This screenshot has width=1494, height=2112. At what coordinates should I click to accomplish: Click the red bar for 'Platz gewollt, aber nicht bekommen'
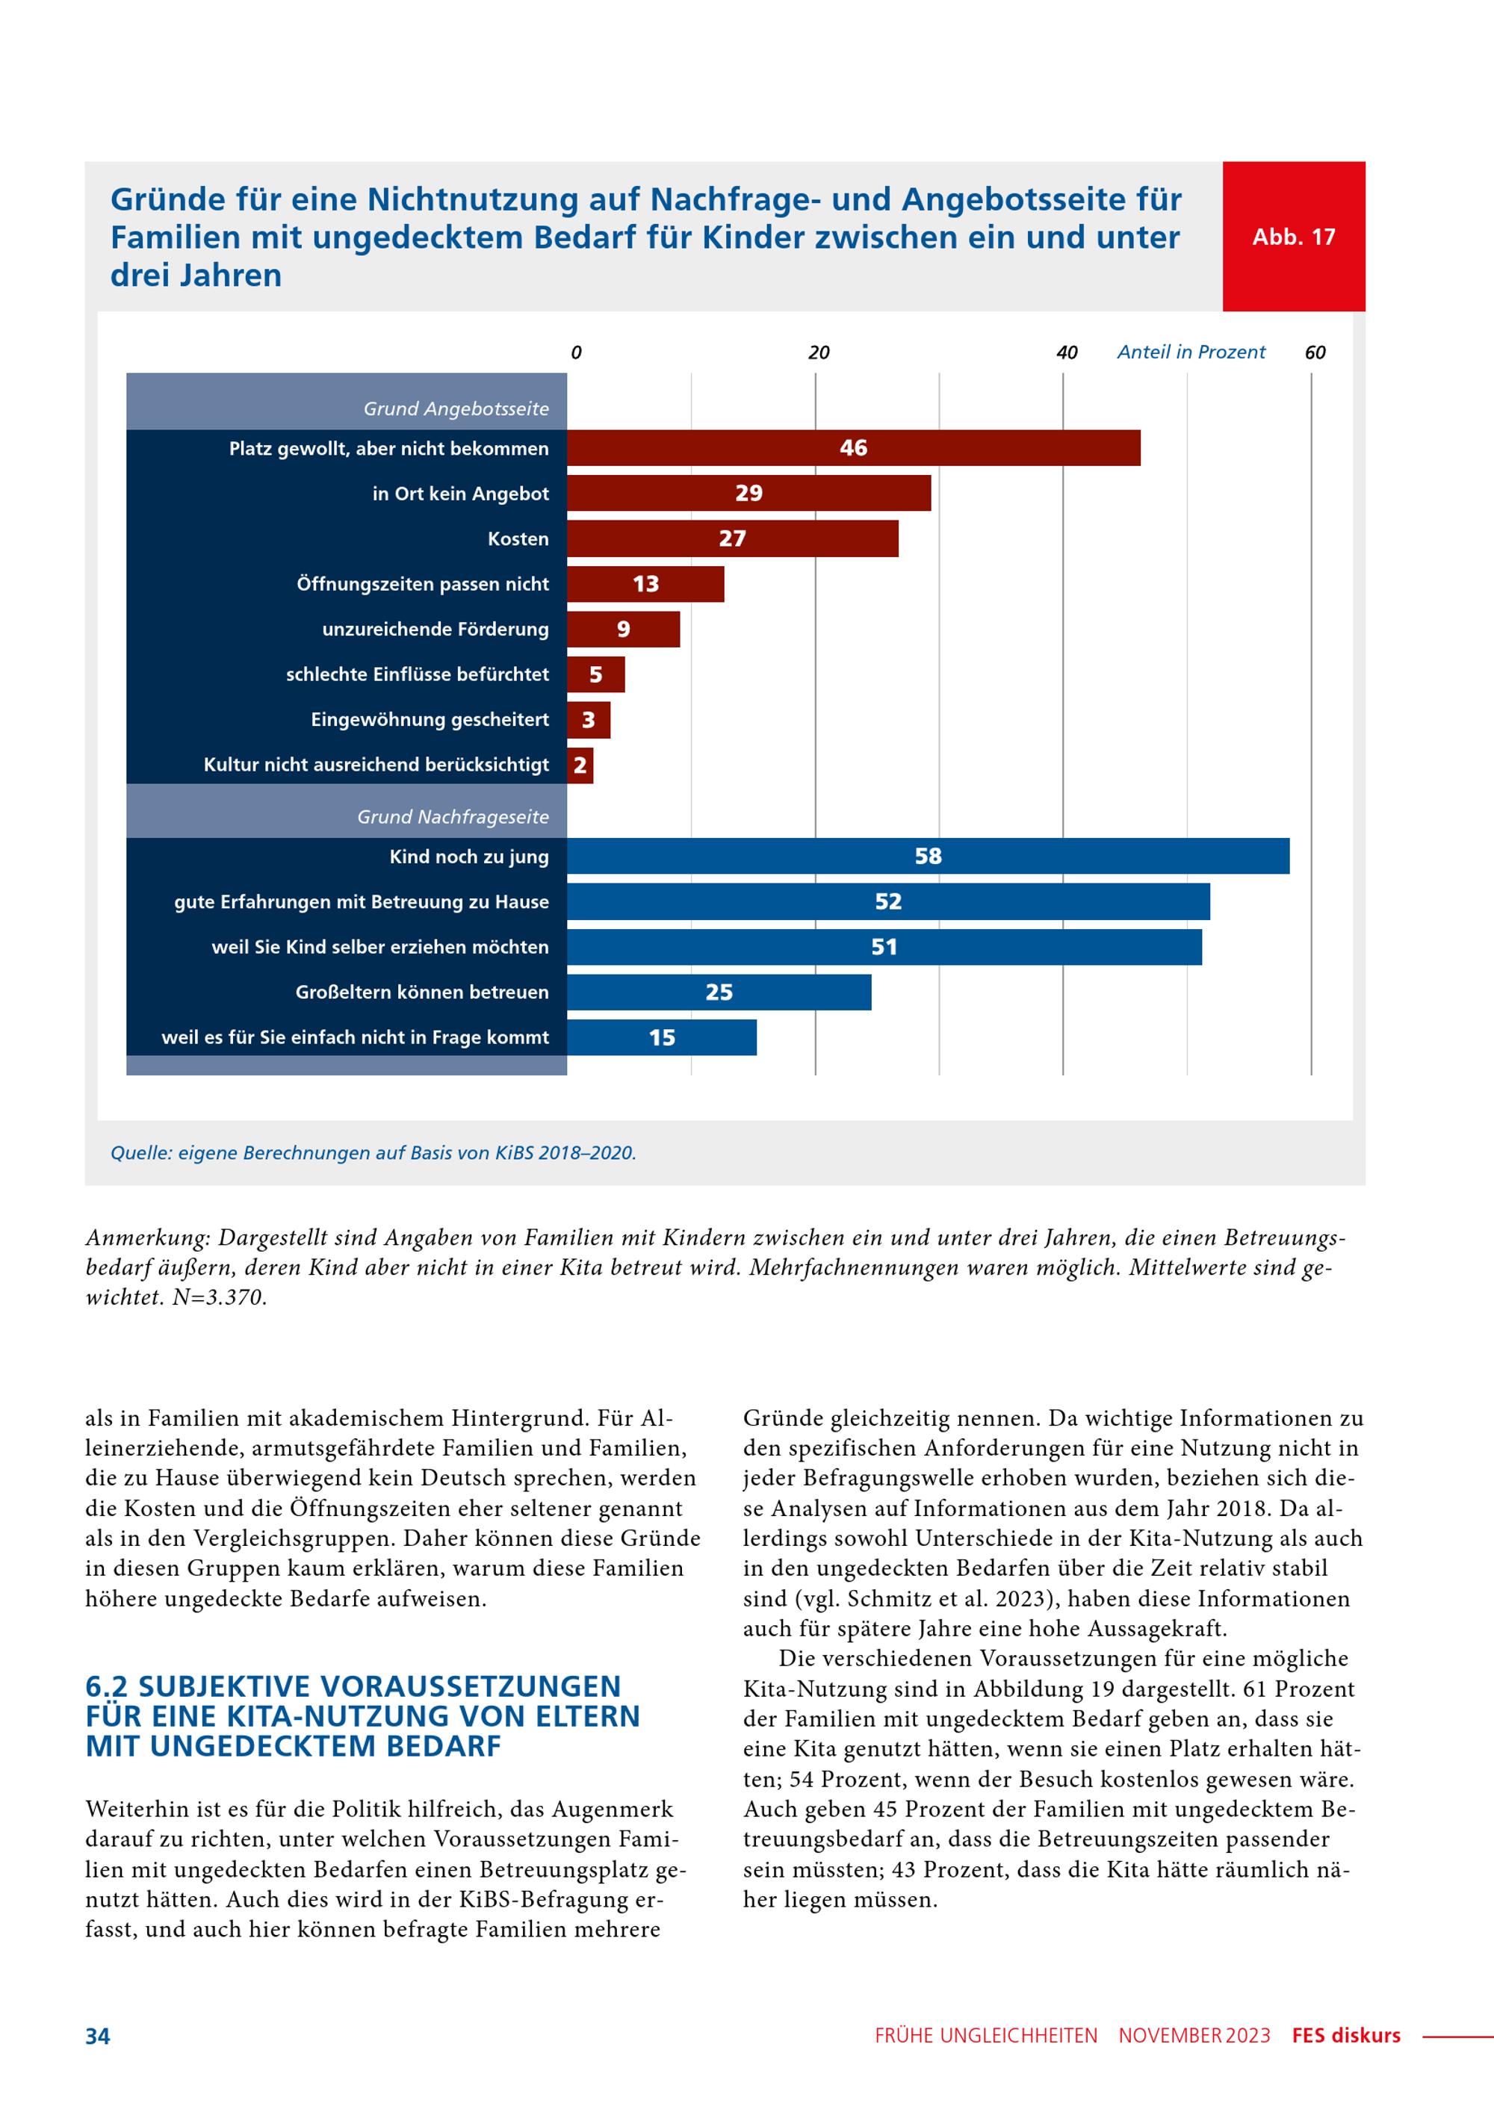pyautogui.click(x=854, y=448)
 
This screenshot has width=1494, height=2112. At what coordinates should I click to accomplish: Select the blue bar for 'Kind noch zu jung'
pyautogui.click(x=929, y=855)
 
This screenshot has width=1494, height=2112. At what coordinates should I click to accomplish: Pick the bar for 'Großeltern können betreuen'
pyautogui.click(x=719, y=992)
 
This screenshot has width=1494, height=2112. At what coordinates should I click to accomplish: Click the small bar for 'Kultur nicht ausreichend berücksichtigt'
pyautogui.click(x=580, y=765)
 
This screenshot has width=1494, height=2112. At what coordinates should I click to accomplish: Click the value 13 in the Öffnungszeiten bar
pyautogui.click(x=646, y=584)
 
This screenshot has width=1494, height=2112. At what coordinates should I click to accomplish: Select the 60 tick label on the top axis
pyautogui.click(x=1315, y=352)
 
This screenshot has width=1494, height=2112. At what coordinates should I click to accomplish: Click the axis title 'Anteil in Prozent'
pyautogui.click(x=1191, y=352)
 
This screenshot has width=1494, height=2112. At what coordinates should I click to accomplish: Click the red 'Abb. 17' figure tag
pyautogui.click(x=1294, y=237)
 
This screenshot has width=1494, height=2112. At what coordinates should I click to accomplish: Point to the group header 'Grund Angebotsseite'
pyautogui.click(x=456, y=409)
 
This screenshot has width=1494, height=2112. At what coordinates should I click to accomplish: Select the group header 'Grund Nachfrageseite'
pyautogui.click(x=453, y=817)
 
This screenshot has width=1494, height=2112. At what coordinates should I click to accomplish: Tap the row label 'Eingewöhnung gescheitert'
pyautogui.click(x=430, y=719)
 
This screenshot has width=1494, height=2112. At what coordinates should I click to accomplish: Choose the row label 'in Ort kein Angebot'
pyautogui.click(x=461, y=493)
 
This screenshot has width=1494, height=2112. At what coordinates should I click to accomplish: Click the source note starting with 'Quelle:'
pyautogui.click(x=373, y=1152)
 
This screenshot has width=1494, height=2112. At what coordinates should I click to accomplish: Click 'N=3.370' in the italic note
pyautogui.click(x=220, y=1298)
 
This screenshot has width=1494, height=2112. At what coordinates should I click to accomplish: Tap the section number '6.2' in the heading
pyautogui.click(x=106, y=1687)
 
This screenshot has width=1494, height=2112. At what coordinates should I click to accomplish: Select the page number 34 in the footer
pyautogui.click(x=98, y=2036)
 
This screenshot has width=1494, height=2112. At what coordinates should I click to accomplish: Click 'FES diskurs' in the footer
pyautogui.click(x=1346, y=2036)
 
